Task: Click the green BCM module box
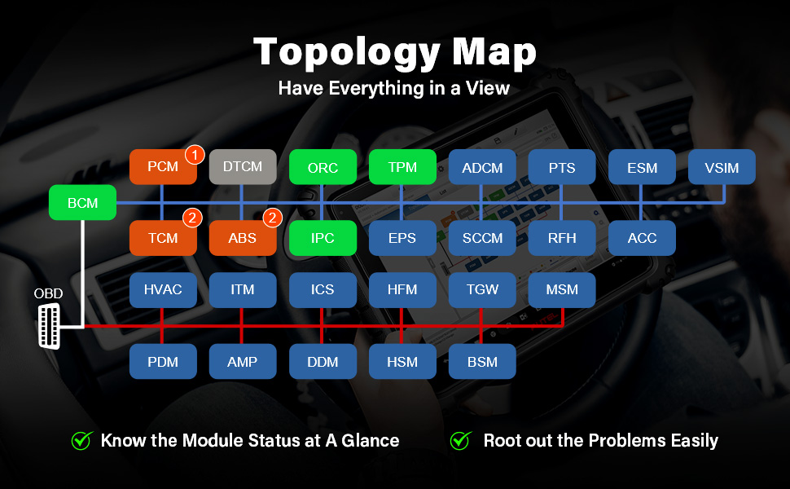82,202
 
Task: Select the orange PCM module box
162,167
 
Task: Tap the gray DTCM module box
243,167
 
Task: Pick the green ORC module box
323,167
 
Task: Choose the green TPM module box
402,167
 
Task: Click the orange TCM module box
162,238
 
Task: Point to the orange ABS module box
243,238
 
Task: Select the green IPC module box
323,238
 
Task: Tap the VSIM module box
722,167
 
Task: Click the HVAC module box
163,289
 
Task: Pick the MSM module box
562,289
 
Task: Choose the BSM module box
482,361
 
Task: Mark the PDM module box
163,361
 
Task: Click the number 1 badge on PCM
194,153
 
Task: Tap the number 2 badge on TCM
193,218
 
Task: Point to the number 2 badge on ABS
273,218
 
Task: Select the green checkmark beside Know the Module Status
81,441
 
